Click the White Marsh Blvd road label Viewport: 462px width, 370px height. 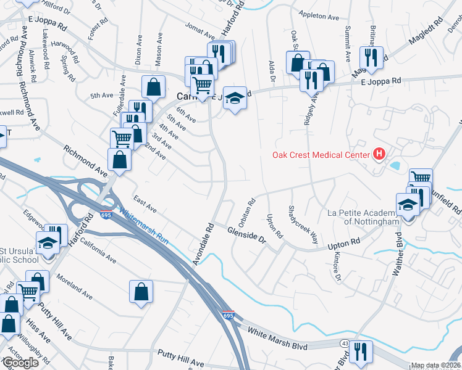(277, 339)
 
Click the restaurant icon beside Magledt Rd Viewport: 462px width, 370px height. (372, 57)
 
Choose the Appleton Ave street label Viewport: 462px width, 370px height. (319, 14)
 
